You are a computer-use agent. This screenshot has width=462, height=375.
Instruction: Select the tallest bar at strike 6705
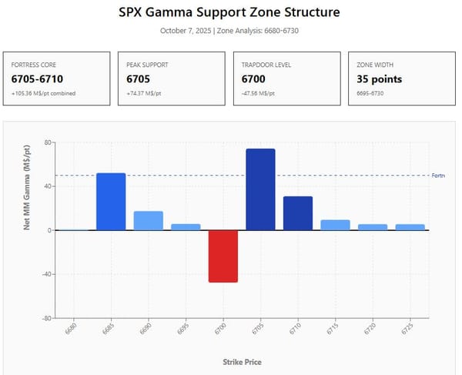tap(260, 189)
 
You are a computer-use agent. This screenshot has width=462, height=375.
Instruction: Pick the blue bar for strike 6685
tap(111, 202)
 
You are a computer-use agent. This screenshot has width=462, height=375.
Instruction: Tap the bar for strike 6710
tap(298, 213)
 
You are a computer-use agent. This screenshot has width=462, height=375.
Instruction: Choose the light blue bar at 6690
tap(149, 220)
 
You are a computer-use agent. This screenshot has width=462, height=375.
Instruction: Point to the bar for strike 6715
tap(335, 225)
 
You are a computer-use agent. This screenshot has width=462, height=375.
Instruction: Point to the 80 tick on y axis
tap(48, 142)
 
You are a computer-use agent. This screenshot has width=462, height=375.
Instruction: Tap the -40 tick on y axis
tap(46, 274)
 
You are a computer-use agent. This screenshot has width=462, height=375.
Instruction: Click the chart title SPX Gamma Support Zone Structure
tap(229, 13)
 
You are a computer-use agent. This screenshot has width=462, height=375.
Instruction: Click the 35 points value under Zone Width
tap(379, 79)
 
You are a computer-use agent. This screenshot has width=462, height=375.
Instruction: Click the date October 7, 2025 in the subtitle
tap(186, 31)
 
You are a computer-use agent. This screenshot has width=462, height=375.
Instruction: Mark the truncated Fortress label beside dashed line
tap(438, 176)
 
